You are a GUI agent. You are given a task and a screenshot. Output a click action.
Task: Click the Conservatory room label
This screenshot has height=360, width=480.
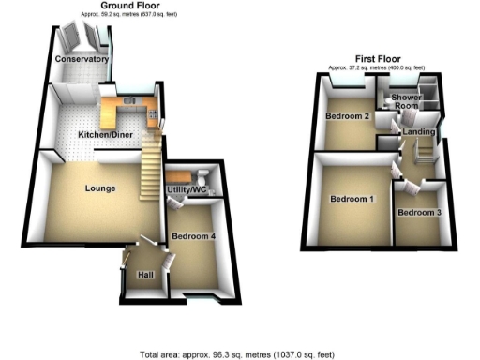(82, 59)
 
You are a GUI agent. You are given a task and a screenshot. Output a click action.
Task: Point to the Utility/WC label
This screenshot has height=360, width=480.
(187, 191)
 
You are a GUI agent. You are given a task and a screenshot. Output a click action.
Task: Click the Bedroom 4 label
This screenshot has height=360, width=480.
(194, 236)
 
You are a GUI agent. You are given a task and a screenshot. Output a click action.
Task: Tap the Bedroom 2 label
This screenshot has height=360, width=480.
(345, 116)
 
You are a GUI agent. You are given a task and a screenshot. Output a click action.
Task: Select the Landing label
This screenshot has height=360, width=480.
(417, 133)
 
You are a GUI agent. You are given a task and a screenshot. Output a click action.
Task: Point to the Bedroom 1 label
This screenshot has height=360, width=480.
(352, 199)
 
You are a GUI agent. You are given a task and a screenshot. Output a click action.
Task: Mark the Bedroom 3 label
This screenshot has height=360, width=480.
(419, 213)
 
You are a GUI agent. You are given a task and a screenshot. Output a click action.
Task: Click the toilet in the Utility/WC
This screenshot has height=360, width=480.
(201, 175)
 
